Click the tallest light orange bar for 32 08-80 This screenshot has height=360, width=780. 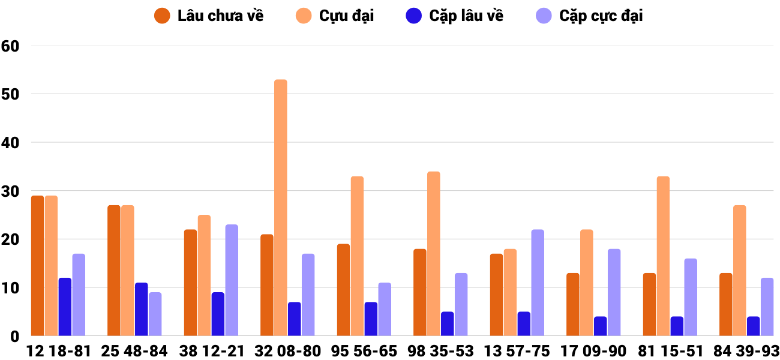[281, 208]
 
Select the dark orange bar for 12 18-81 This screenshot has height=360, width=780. [37, 266]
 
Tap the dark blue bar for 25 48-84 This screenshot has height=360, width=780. [141, 309]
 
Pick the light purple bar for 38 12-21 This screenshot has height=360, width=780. [232, 280]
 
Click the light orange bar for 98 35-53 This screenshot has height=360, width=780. [434, 254]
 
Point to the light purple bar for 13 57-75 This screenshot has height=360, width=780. [538, 283]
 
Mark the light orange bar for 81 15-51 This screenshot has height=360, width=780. [663, 256]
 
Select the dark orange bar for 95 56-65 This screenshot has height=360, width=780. [343, 290]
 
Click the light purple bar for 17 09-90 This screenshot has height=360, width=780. [614, 292]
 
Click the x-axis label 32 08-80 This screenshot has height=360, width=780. [288, 351]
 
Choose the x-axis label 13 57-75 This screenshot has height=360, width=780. [517, 351]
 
